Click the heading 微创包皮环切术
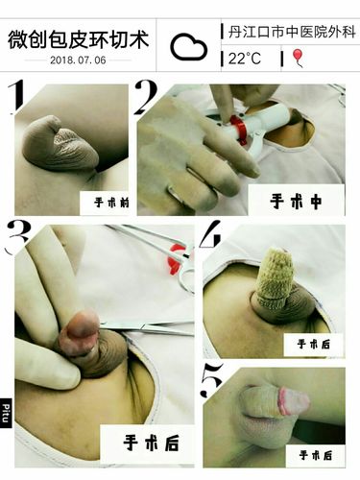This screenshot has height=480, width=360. (x=80, y=39)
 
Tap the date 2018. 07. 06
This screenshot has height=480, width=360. (x=80, y=60)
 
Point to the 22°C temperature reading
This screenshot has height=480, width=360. (x=244, y=59)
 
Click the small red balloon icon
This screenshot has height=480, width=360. (x=297, y=59)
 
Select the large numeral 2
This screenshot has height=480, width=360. (x=146, y=100)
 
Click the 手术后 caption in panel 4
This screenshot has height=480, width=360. (x=314, y=342)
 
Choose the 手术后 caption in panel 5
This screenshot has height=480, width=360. (x=314, y=454)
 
